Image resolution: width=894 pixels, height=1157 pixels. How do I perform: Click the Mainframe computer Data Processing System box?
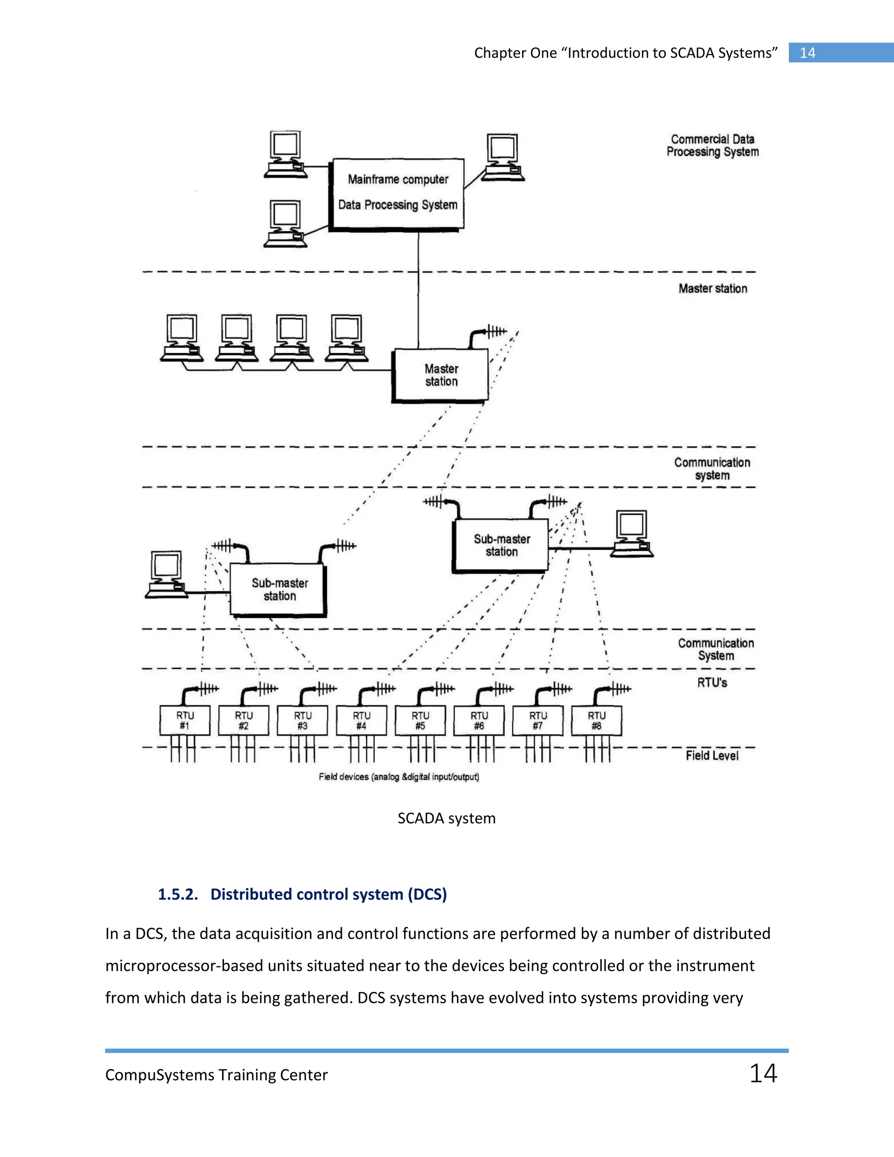pyautogui.click(x=397, y=193)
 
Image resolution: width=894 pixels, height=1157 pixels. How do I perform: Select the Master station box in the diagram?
pyautogui.click(x=440, y=375)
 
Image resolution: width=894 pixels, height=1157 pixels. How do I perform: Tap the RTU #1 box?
pyautogui.click(x=185, y=720)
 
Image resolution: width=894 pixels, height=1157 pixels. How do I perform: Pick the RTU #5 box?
pyautogui.click(x=420, y=720)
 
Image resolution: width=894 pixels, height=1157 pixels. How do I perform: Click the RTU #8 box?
pyautogui.click(x=596, y=720)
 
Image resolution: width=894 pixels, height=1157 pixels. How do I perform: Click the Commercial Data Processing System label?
pyautogui.click(x=712, y=146)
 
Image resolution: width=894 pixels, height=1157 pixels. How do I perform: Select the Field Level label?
pyautogui.click(x=712, y=755)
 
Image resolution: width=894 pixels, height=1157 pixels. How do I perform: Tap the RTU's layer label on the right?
pyautogui.click(x=712, y=683)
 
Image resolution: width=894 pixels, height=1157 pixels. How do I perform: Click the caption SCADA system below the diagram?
pyautogui.click(x=447, y=819)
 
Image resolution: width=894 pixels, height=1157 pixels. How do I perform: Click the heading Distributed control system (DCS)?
pyautogui.click(x=328, y=894)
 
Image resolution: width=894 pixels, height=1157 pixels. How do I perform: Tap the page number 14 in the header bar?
pyautogui.click(x=807, y=53)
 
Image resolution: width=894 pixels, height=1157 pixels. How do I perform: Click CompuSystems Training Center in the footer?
pyautogui.click(x=216, y=1075)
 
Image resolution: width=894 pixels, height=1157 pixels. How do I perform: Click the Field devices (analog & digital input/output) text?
pyautogui.click(x=399, y=777)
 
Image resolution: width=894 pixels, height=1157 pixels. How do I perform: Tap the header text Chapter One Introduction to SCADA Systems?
pyautogui.click(x=626, y=53)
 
